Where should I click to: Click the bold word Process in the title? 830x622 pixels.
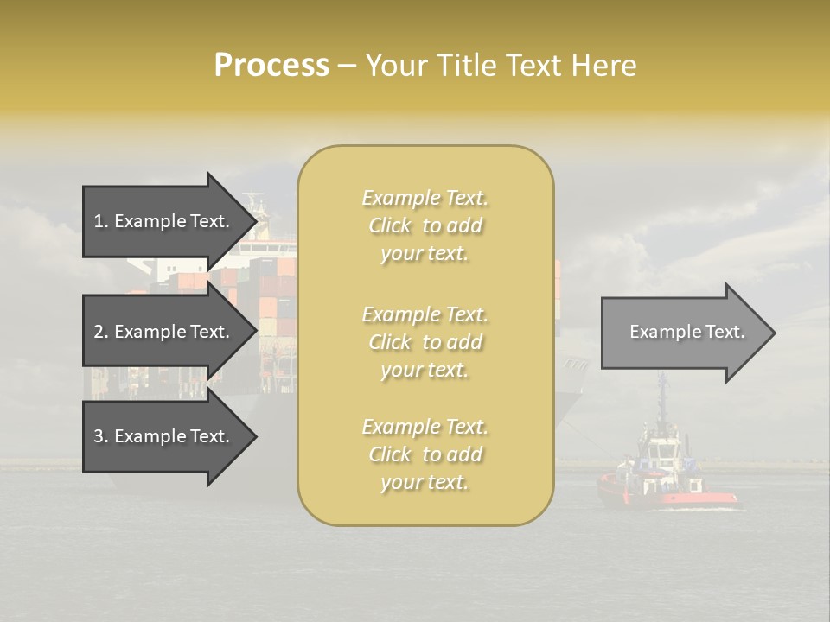(x=271, y=66)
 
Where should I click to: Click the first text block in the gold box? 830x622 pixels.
(x=425, y=225)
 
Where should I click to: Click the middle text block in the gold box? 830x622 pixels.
(x=425, y=342)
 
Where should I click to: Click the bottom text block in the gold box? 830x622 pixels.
(x=425, y=454)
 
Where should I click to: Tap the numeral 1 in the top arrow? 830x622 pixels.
(x=99, y=221)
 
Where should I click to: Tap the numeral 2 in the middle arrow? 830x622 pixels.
(x=99, y=332)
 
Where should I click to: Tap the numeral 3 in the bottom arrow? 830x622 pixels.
(x=99, y=436)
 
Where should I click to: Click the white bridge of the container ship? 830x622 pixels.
(x=264, y=246)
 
